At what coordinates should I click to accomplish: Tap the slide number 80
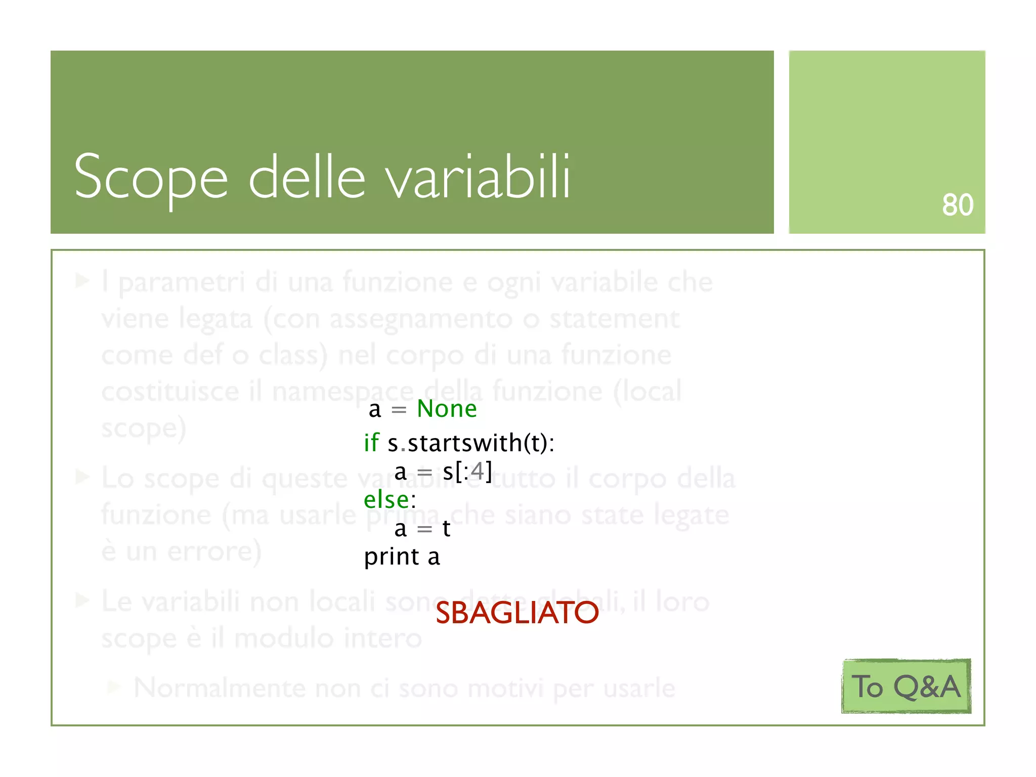pos(957,205)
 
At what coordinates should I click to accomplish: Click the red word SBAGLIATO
pos(516,613)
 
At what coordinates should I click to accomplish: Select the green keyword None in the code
pos(447,409)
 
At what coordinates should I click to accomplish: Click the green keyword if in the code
pos(371,443)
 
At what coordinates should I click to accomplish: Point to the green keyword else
pos(386,500)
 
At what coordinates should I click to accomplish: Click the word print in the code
pos(392,557)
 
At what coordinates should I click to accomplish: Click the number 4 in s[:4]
pos(477,471)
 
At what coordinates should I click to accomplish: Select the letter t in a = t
pos(446,529)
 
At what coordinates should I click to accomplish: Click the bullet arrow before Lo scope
pos(82,477)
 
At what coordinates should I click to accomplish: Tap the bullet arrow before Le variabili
pos(82,600)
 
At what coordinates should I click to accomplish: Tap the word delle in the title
pos(307,177)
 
